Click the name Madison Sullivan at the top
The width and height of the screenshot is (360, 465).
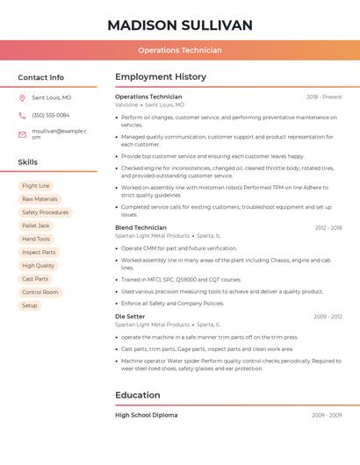point(179,25)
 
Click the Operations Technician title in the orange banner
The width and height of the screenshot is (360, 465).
point(179,51)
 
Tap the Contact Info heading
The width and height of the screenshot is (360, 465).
point(40,77)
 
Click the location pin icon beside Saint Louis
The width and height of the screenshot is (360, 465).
point(22,98)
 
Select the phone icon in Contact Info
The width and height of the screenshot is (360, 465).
point(22,116)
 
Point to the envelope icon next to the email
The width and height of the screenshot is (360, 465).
point(22,134)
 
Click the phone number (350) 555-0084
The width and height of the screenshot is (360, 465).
point(51,116)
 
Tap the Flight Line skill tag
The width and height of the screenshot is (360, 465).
point(36,186)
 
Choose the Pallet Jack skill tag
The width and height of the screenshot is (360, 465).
point(36,225)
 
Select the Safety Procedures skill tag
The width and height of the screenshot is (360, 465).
point(45,212)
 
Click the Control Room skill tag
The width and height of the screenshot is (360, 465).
point(40,292)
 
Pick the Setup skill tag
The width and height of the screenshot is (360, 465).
point(30,305)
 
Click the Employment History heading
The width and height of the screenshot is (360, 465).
point(161,77)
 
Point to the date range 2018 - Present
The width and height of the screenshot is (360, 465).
point(324,97)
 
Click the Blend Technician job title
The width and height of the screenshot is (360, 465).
point(140,227)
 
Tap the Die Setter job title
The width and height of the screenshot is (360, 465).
point(130,316)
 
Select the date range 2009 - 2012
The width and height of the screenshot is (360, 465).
point(328,317)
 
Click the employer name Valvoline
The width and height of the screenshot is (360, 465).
point(126,104)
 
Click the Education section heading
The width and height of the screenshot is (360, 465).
point(138,395)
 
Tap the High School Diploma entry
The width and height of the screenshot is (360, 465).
point(146,415)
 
